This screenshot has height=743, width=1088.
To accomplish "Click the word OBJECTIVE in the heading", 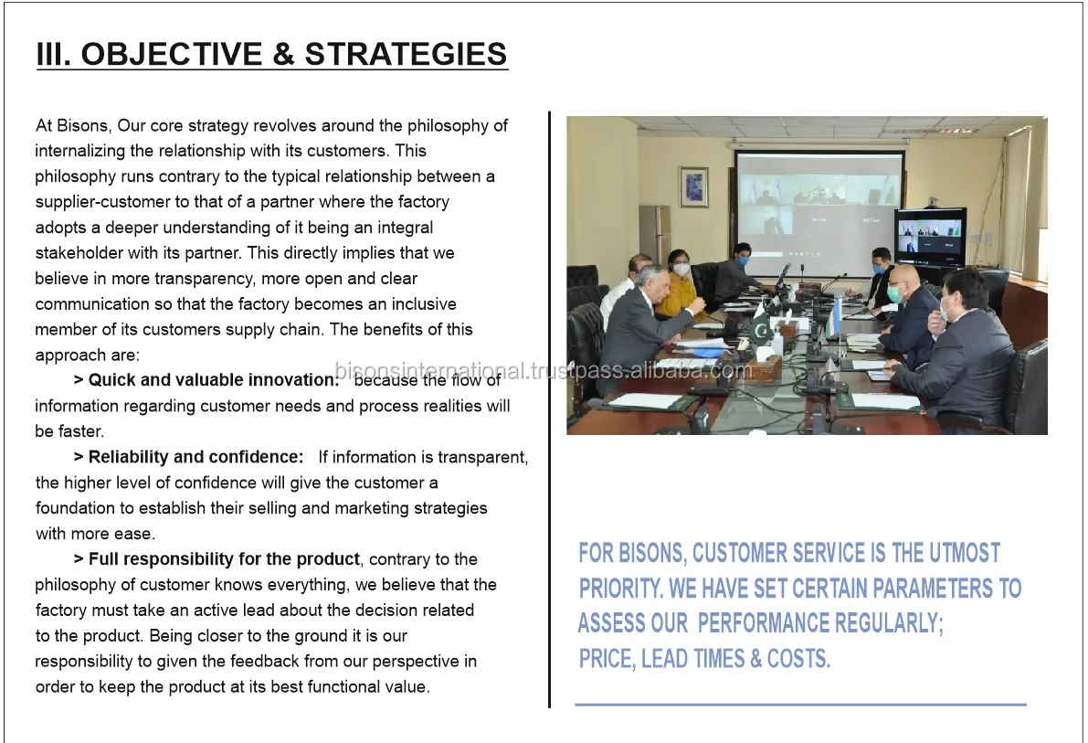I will [172, 54].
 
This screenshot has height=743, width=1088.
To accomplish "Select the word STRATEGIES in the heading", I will [406, 54].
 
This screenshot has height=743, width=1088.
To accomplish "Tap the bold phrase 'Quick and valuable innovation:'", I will [214, 380].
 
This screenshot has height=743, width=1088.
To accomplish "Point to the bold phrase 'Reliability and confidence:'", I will [195, 457].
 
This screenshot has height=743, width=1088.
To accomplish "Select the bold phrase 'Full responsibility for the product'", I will [224, 559].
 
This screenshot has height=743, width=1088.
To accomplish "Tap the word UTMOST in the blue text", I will [964, 553].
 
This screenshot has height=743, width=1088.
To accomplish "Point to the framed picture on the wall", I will [693, 186].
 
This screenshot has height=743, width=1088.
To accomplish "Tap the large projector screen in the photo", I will [819, 211].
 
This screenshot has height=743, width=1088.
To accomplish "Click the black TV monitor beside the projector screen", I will [929, 236].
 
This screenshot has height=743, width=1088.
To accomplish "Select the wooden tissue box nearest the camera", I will [764, 367].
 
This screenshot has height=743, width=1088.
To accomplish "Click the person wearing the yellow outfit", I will [678, 286].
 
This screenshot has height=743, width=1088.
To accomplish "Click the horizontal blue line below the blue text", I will [800, 705].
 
